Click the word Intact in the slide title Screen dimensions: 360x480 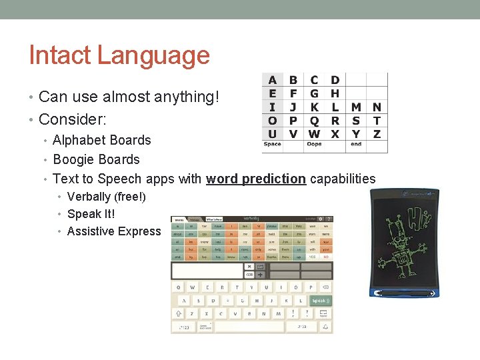[61, 55]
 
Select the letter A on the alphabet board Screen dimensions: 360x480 [272, 81]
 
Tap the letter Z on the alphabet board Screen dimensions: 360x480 [377, 133]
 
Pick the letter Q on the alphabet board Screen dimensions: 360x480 [314, 121]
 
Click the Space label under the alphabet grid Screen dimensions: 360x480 [273, 144]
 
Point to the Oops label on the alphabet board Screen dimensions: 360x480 [314, 144]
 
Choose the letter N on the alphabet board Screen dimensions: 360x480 [377, 107]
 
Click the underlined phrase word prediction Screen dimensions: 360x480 [256, 179]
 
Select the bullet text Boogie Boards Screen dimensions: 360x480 [96, 159]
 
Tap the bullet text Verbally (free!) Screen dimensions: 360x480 [106, 197]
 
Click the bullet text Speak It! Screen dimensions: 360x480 [91, 214]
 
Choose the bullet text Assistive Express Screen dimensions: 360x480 [114, 231]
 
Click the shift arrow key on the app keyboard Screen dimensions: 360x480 [179, 313]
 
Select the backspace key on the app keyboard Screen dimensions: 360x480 [325, 287]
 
